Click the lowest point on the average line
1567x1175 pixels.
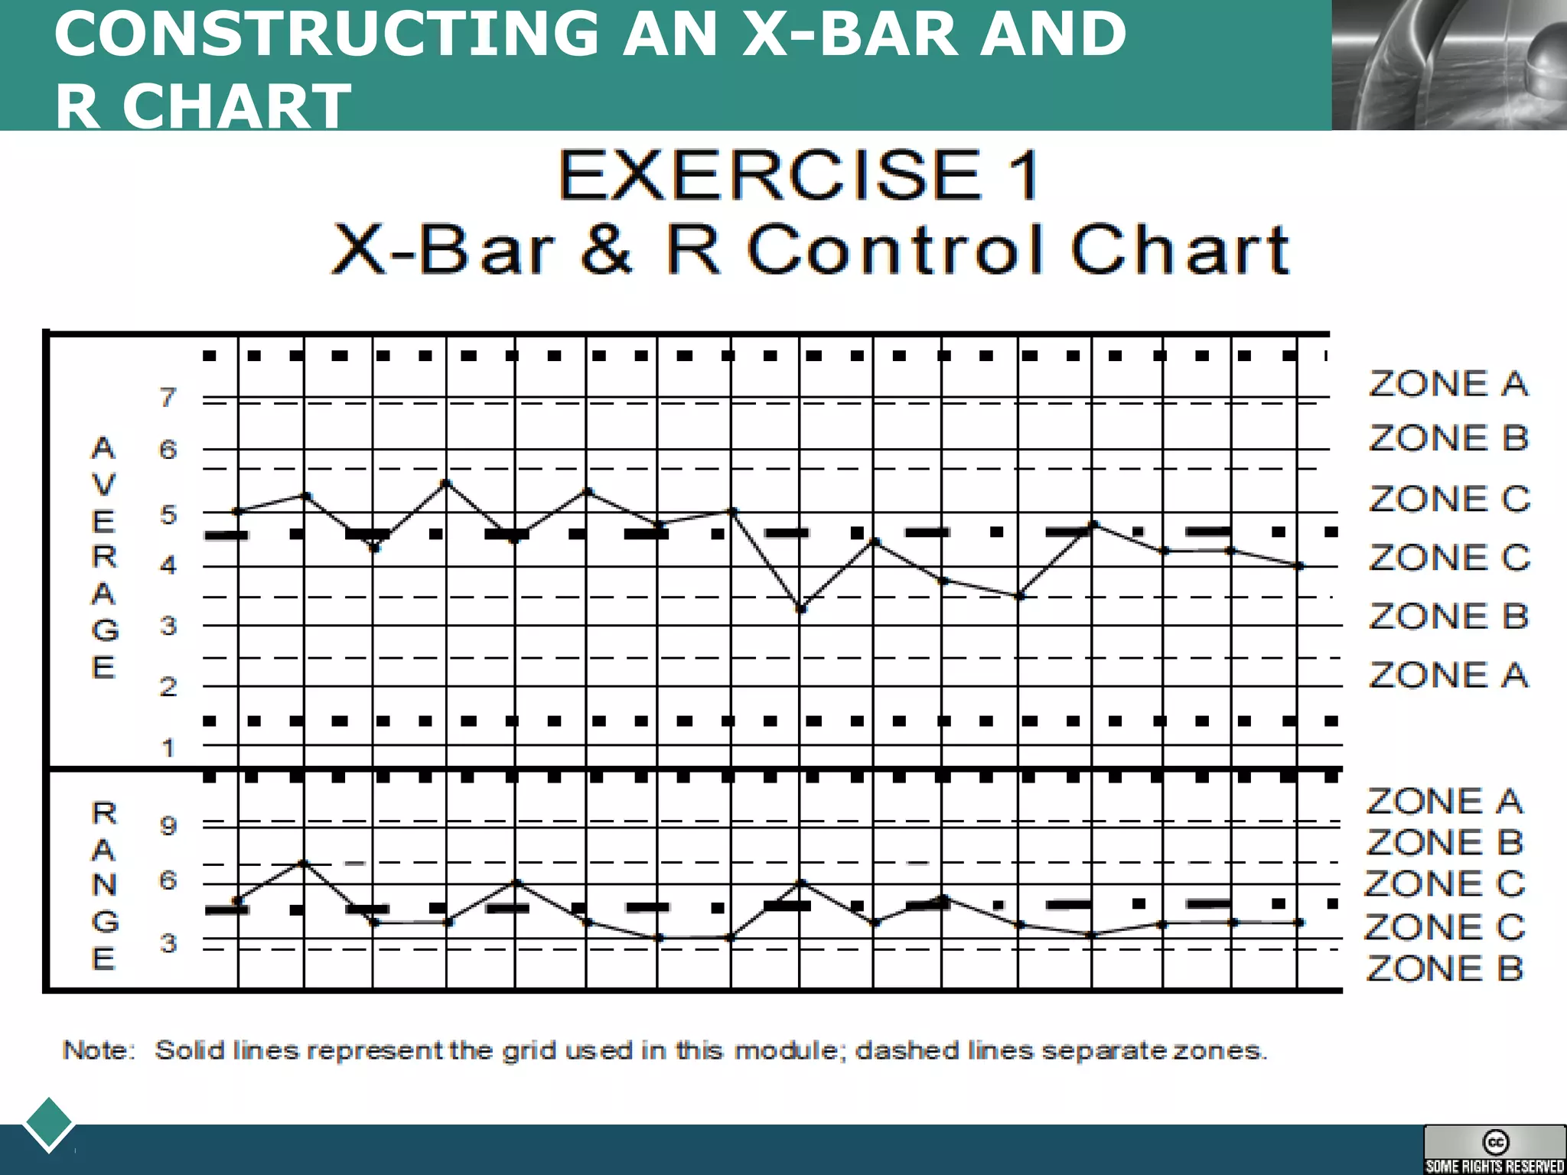[800, 609]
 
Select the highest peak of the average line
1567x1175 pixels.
[446, 483]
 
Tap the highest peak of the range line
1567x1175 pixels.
[304, 863]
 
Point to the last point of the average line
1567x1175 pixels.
[1298, 566]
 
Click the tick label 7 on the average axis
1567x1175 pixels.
[168, 398]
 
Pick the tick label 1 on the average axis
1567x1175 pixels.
[168, 747]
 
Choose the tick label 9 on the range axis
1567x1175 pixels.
[168, 825]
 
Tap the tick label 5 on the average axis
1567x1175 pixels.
[168, 515]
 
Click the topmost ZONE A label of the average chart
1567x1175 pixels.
[1448, 384]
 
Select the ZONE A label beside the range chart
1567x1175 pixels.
[1445, 802]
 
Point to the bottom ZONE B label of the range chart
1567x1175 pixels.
[1445, 968]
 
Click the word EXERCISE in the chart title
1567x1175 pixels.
[770, 176]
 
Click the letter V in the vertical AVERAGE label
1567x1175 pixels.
[104, 485]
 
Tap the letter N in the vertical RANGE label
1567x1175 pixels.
[104, 885]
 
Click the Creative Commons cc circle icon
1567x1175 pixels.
[1495, 1142]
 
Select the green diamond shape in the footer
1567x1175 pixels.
[49, 1123]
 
